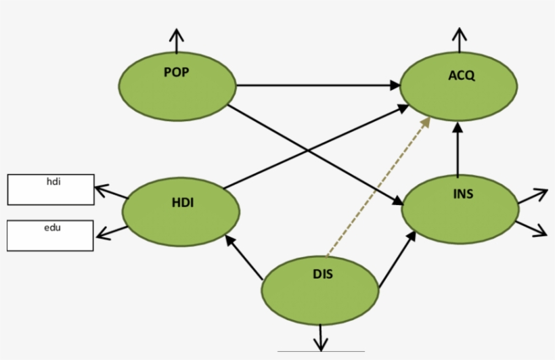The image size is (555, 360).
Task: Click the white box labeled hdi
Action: point(51,189)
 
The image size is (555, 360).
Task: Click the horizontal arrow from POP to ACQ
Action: point(318,85)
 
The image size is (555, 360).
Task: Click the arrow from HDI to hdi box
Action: point(110,191)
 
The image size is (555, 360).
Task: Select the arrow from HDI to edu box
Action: point(111,232)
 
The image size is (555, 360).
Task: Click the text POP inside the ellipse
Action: point(176,72)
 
